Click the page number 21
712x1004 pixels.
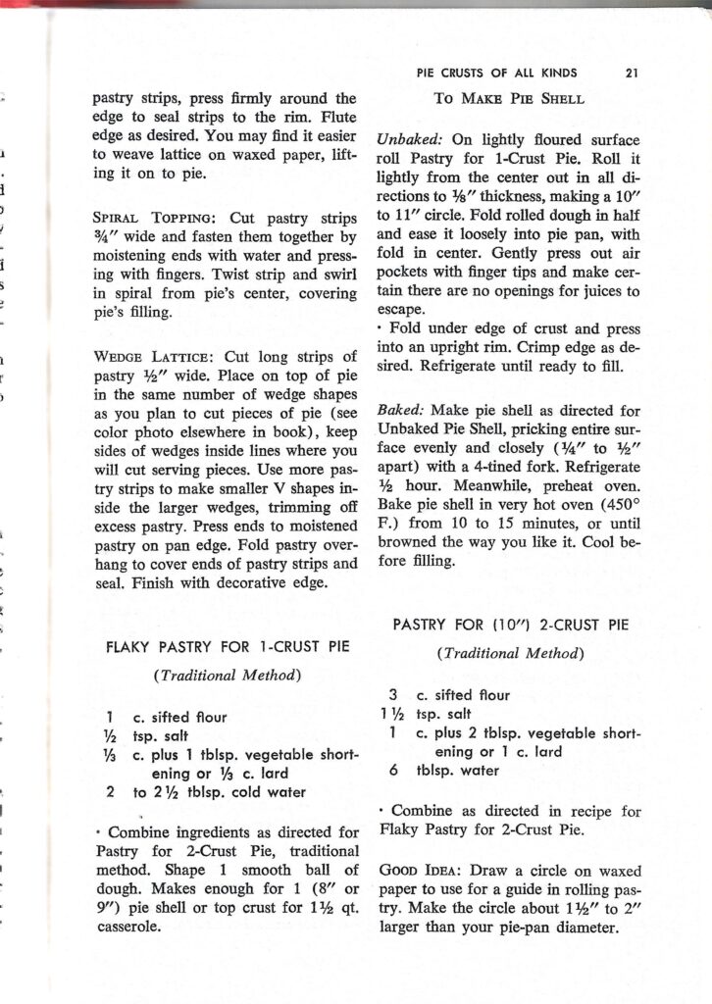tap(631, 73)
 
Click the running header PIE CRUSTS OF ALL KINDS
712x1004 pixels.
tap(497, 73)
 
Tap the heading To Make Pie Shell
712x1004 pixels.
tap(509, 98)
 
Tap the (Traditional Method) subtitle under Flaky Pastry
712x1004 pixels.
tap(227, 675)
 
